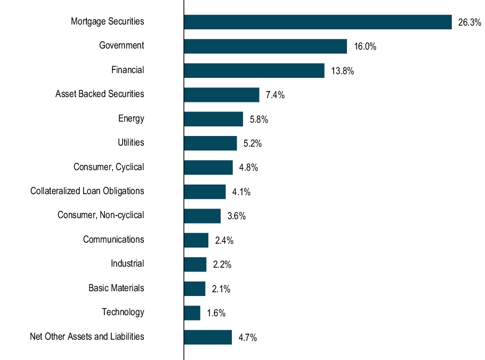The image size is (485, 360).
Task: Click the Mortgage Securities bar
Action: coord(318,22)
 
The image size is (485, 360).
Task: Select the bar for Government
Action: coord(265,46)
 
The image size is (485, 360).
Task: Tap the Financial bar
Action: coord(254,70)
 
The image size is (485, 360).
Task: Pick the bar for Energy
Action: coord(213,119)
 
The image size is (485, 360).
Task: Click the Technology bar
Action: coord(192,313)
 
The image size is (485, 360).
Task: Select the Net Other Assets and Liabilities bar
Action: coord(208,337)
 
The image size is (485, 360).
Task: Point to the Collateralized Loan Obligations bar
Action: coord(205,191)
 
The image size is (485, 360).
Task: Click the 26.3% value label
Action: coord(470,22)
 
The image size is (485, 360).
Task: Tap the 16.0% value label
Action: coord(365,47)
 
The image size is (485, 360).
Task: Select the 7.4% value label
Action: coord(275,95)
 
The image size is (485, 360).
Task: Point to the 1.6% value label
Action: coord(216,314)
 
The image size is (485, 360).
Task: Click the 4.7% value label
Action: coord(248,338)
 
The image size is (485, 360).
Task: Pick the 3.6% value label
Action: coord(237,217)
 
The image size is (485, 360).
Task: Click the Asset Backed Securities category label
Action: coord(100,94)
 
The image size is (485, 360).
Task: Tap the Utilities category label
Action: coord(131,142)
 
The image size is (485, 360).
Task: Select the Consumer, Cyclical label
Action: coord(109,167)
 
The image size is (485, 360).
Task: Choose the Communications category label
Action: coord(114,239)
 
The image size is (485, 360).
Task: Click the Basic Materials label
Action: coord(116,288)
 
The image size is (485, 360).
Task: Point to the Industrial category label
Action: coord(127,263)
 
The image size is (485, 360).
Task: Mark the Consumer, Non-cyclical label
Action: coord(101,215)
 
